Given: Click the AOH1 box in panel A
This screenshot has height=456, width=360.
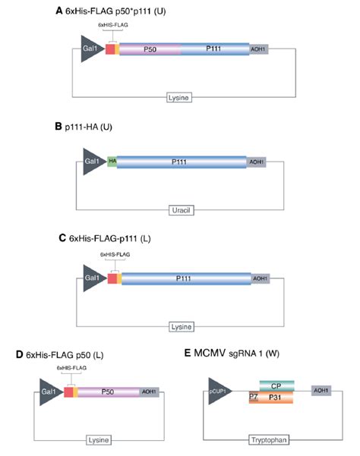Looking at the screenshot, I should [x=259, y=49].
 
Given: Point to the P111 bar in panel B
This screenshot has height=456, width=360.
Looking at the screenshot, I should [x=181, y=162].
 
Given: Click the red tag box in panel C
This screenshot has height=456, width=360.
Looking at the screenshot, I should [x=112, y=278].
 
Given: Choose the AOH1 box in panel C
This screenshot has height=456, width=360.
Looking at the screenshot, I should [x=259, y=278].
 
